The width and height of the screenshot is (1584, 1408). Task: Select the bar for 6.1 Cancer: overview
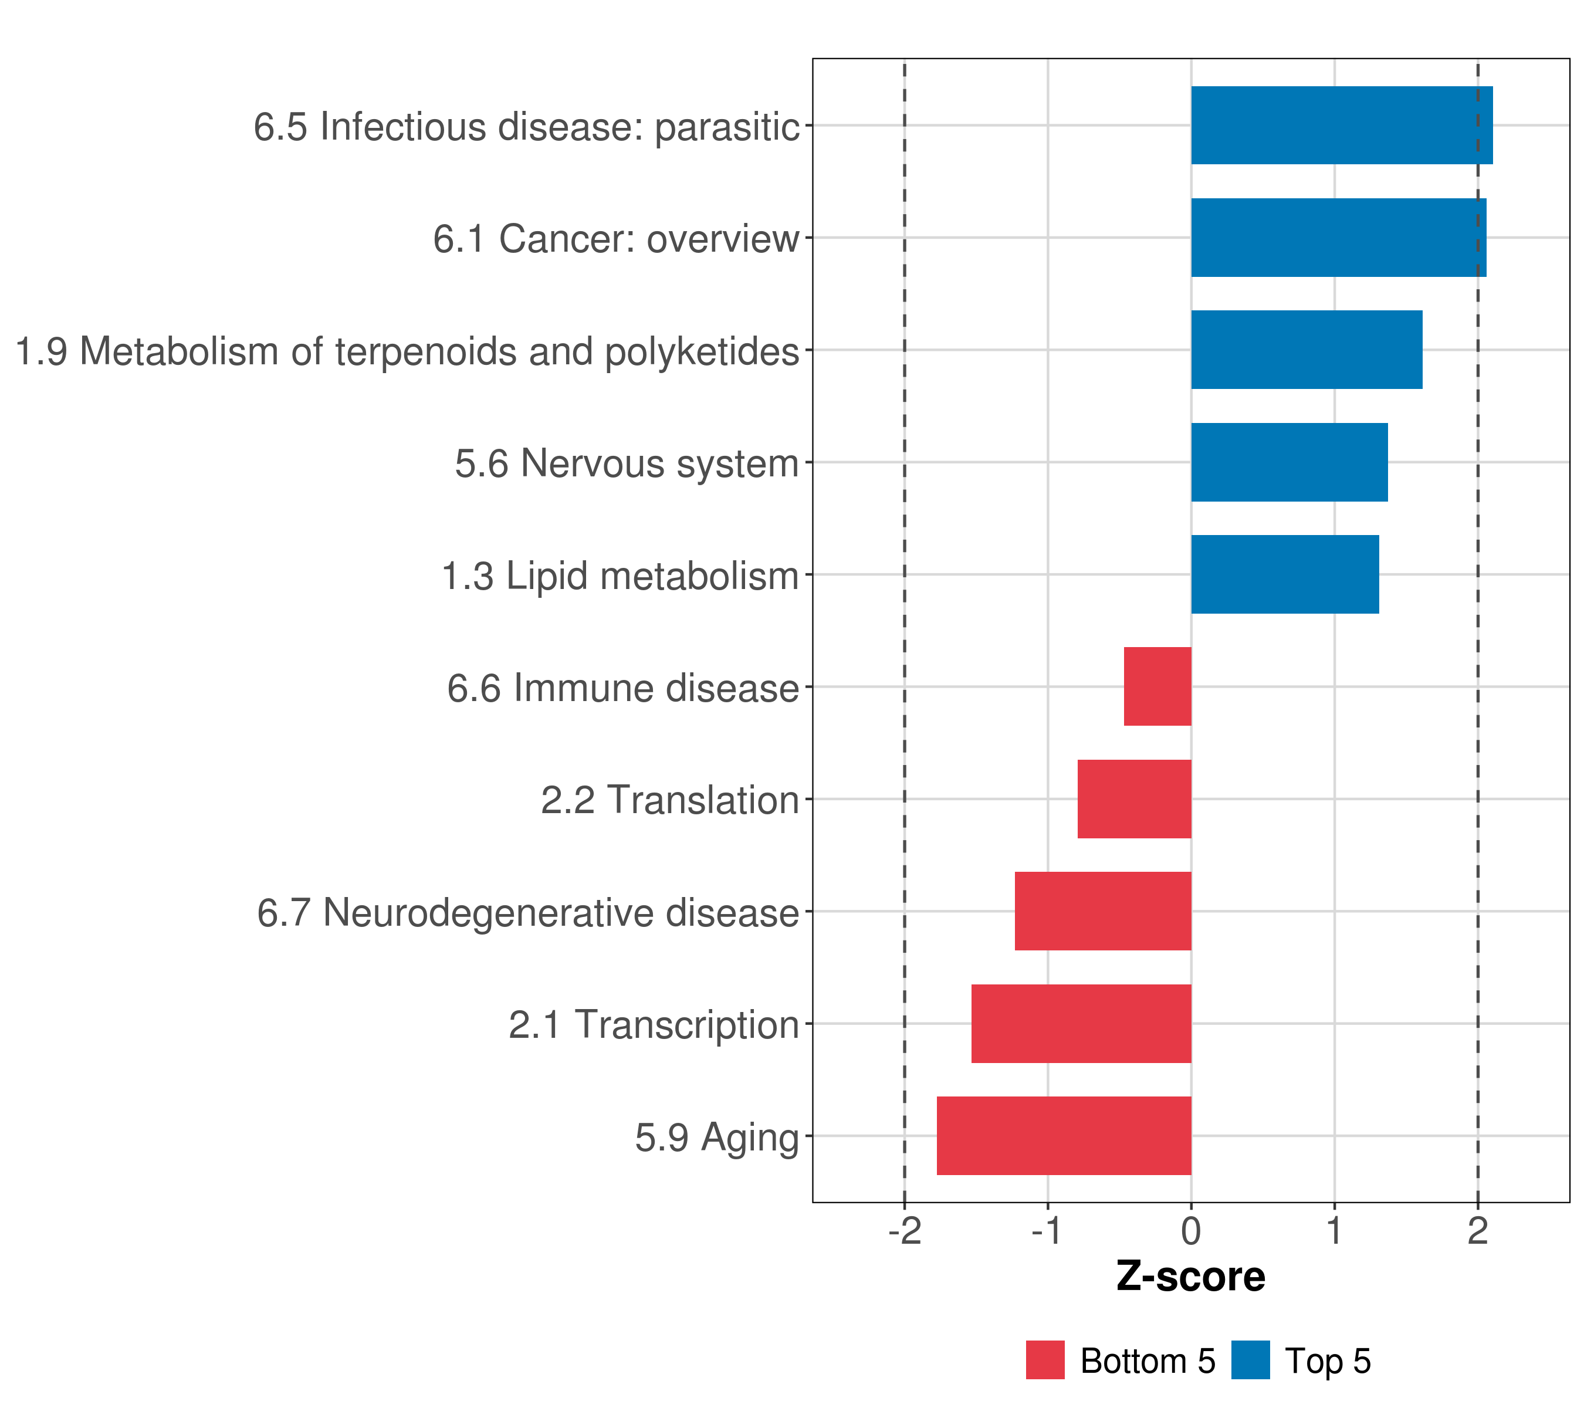[1338, 238]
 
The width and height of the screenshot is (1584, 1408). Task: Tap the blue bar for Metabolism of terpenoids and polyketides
[1306, 350]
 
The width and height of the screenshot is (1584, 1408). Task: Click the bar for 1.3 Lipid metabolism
[1284, 574]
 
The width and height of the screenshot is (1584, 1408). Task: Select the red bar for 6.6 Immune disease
[1157, 686]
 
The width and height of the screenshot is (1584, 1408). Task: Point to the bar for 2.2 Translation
[1134, 799]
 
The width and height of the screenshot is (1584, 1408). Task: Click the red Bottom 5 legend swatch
[1045, 1360]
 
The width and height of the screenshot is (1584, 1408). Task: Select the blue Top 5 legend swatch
[1250, 1360]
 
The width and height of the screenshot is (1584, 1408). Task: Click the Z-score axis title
[1190, 1277]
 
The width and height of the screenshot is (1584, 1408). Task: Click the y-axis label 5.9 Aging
[716, 1138]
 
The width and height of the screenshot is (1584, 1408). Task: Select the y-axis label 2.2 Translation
[669, 800]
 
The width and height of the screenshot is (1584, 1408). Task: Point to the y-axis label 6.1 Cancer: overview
[615, 239]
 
